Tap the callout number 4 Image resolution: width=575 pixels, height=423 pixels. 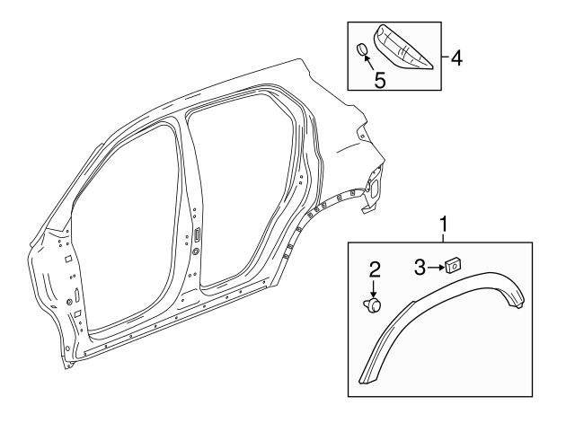click(x=456, y=59)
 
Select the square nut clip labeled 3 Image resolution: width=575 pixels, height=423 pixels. click(x=452, y=264)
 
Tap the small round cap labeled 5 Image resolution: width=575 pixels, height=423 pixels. click(x=359, y=49)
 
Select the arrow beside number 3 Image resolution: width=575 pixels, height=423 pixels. click(x=436, y=265)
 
